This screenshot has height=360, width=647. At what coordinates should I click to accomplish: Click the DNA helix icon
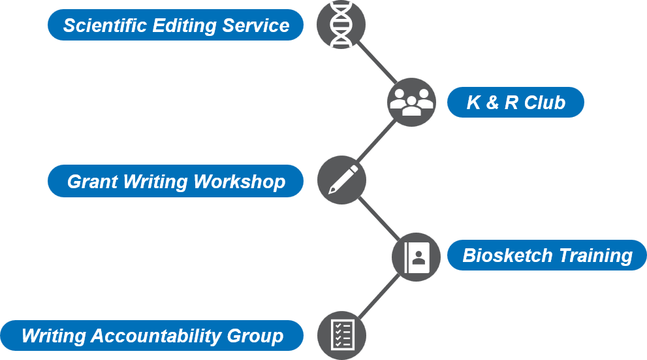pos(341,24)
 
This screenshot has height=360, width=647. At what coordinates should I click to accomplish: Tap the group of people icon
pos(411,102)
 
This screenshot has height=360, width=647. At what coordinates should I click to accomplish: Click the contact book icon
pos(416,257)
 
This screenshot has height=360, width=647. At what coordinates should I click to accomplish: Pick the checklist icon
pos(341,335)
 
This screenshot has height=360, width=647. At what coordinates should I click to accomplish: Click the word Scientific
pos(105,25)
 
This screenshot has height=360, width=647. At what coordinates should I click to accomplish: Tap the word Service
pos(256,25)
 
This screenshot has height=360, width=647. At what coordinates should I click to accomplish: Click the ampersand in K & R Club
pos(492,103)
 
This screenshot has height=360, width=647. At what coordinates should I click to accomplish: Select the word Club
pos(544,103)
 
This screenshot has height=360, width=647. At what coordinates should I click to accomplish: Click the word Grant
pos(93,182)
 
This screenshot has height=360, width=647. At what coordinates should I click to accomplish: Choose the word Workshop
pos(240,182)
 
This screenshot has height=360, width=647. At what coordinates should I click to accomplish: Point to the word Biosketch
pos(507,255)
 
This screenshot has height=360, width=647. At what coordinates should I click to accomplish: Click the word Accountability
pos(156,336)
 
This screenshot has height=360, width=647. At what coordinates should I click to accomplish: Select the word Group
pos(255,336)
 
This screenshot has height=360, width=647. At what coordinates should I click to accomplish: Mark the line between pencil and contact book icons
pos(379,218)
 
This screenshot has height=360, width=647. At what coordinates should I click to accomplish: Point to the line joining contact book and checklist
pos(379,296)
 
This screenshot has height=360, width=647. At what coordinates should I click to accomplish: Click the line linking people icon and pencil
pos(376,140)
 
